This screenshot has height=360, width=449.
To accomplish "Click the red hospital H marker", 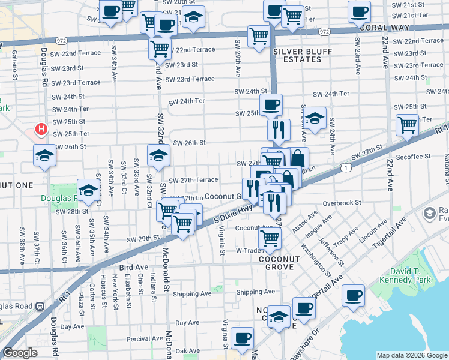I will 41,129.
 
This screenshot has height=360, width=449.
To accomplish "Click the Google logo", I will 20,353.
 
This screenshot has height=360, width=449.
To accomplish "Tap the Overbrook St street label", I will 342,203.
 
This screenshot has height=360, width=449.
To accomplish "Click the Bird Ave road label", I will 133,266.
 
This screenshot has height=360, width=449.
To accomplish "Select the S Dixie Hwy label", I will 234,213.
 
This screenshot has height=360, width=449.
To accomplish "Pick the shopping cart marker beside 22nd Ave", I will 407,125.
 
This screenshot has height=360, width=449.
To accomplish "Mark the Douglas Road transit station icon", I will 40,305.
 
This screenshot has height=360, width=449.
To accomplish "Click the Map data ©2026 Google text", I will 411,355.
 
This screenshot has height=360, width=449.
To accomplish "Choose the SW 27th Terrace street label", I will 193,180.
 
